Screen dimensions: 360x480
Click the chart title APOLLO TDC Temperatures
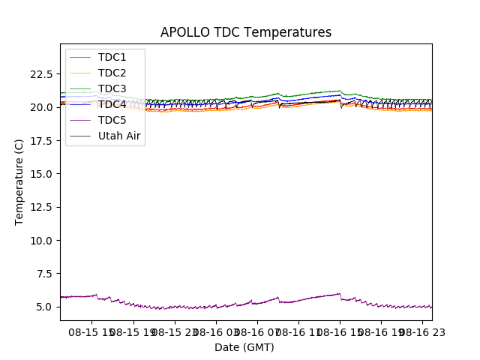click(246, 32)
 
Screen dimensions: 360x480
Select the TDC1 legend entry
click(112, 57)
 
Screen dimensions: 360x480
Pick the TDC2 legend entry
click(112, 73)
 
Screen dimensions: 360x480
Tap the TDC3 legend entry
click(112, 88)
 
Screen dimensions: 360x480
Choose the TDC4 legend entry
click(112, 104)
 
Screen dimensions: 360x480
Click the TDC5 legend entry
click(112, 120)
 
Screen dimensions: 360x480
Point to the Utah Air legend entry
click(119, 136)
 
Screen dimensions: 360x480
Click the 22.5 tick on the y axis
click(42, 74)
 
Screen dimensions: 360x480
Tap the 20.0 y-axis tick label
click(42, 107)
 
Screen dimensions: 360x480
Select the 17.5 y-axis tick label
click(42, 140)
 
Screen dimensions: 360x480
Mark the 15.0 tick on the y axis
click(42, 174)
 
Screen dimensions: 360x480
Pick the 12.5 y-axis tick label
click(42, 207)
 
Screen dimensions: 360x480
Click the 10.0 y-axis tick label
click(42, 240)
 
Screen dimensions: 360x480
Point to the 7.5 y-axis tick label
click(45, 274)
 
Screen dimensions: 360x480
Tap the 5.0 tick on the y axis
click(45, 307)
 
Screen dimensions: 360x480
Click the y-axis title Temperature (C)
click(19, 181)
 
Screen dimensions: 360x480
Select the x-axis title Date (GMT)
click(244, 347)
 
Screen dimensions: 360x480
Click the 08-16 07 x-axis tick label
click(255, 331)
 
